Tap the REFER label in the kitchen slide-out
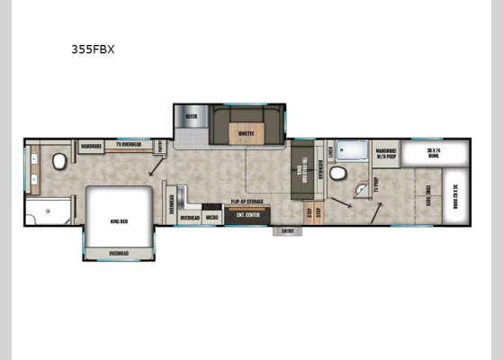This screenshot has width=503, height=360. click(192, 116)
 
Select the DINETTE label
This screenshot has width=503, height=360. click(246, 133)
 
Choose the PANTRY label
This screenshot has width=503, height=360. click(160, 146)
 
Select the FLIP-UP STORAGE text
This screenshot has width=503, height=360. click(247, 202)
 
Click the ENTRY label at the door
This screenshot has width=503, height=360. click(288, 230)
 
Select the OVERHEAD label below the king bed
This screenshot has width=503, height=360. click(119, 253)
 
